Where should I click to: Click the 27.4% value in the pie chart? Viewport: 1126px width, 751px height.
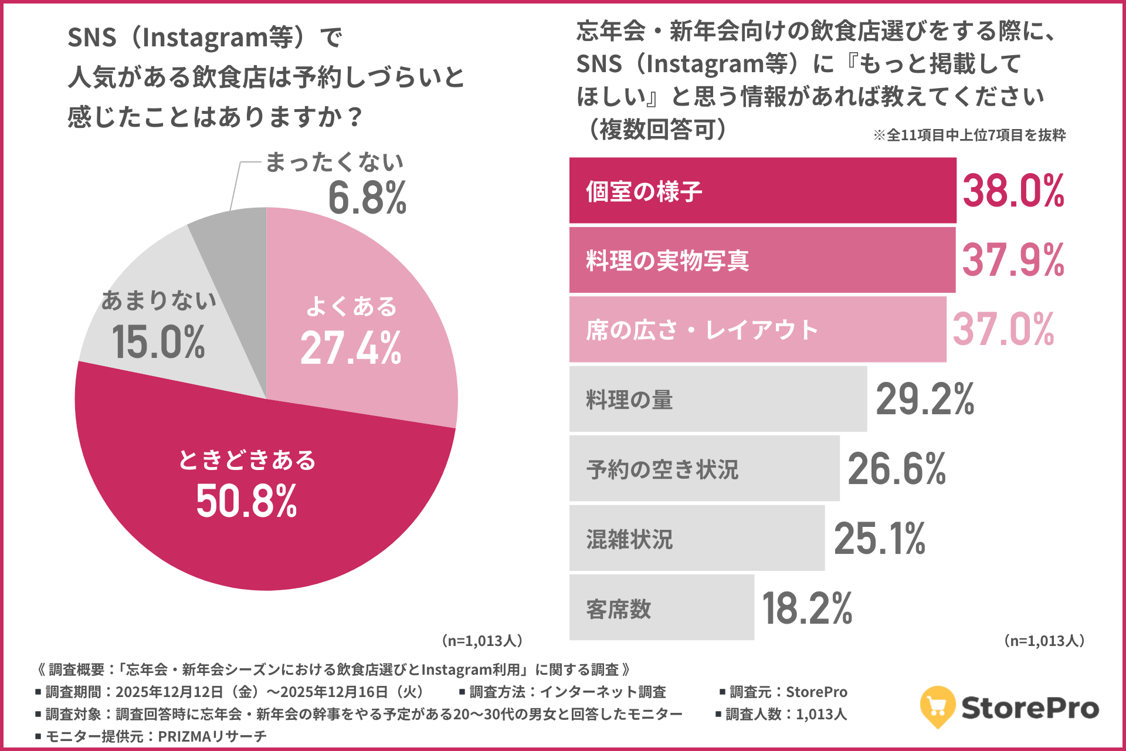351,349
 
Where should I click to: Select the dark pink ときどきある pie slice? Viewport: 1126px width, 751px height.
246,516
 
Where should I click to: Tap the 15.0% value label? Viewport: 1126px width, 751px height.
158,343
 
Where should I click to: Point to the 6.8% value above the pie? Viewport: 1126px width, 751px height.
367,198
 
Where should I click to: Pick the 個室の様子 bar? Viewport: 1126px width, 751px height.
762,191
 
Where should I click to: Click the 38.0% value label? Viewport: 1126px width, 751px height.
1013,191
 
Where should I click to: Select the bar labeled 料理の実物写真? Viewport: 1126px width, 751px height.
762,260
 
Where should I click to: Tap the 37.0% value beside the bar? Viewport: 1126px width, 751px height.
1003,330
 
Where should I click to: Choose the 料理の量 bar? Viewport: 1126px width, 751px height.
718,400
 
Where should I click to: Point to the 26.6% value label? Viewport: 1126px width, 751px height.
897,469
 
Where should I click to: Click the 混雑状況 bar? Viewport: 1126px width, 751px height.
697,539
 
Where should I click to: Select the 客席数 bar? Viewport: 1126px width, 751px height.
662,608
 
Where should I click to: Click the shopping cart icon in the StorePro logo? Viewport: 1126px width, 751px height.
938,706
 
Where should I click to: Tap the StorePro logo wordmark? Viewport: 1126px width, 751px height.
1030,708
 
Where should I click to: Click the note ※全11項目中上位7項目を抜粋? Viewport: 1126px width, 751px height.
969,136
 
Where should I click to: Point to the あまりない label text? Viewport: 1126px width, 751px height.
159,300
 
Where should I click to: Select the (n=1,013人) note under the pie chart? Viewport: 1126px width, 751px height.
482,641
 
